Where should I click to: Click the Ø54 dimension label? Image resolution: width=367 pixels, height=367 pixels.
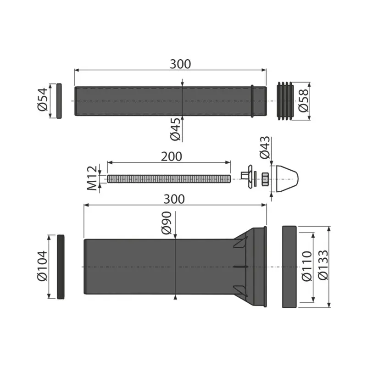click(42, 100)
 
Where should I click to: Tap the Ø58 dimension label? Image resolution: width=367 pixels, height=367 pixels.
click(304, 100)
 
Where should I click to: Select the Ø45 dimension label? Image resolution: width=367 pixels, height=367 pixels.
click(175, 129)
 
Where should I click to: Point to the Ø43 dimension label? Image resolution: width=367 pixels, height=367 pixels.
click(265, 148)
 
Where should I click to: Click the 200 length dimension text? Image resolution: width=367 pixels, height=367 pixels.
click(171, 156)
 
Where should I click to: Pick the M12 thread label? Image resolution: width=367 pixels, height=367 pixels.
click(91, 178)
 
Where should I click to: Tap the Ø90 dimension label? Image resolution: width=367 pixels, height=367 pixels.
click(167, 223)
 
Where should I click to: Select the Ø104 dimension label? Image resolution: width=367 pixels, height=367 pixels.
click(42, 266)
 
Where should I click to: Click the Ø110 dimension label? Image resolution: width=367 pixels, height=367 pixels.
click(307, 266)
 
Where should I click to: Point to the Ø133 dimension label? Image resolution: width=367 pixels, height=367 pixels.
click(323, 265)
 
